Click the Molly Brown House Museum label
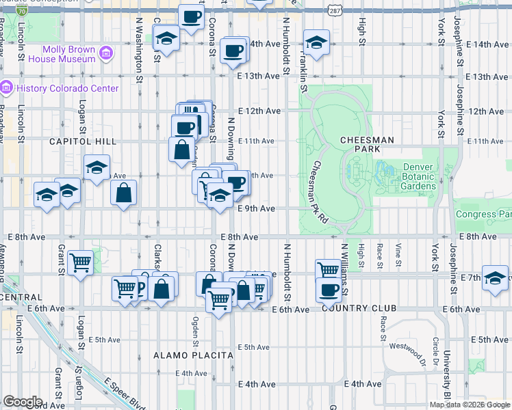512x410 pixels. (x=68, y=54)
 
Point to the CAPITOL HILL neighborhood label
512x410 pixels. (x=78, y=141)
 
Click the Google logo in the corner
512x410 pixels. (x=23, y=402)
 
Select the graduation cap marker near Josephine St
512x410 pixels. (x=494, y=277)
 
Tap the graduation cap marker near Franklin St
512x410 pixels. (x=316, y=42)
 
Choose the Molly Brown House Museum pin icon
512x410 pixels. (x=106, y=53)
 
